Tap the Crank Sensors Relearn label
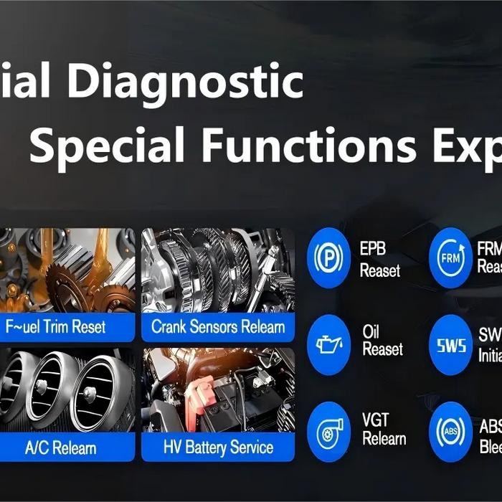[x=218, y=328]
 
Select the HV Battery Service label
[x=218, y=448]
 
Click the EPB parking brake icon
[x=328, y=257]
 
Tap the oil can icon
[x=328, y=345]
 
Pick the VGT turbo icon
[x=328, y=432]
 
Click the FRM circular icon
[x=450, y=257]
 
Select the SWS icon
[x=450, y=345]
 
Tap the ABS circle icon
[x=450, y=432]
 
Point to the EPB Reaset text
[x=380, y=260]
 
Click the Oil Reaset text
[x=382, y=341]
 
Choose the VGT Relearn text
[x=384, y=428]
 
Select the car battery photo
[x=218, y=391]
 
